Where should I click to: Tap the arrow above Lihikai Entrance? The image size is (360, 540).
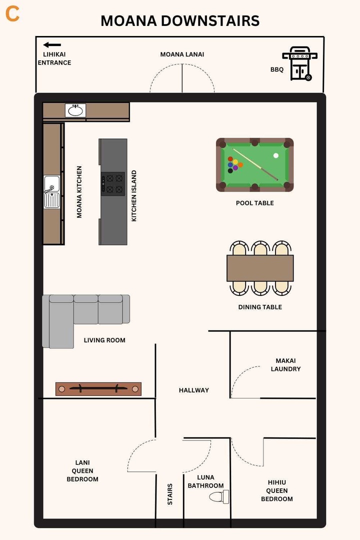(x=52, y=45)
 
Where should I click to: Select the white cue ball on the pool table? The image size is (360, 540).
(x=276, y=155)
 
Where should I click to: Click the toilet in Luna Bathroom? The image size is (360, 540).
(x=219, y=496)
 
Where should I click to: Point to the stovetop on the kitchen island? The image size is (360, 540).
(x=112, y=183)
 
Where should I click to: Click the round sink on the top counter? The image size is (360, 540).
(x=75, y=110)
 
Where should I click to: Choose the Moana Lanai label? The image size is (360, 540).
(x=182, y=54)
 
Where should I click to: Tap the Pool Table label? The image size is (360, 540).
(x=255, y=203)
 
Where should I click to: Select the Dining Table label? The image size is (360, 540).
(x=260, y=307)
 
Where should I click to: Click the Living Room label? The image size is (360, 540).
(x=104, y=340)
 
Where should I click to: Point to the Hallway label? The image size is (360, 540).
(x=194, y=390)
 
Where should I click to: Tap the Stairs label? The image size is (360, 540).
(x=170, y=493)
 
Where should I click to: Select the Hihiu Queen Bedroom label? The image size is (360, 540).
(x=277, y=490)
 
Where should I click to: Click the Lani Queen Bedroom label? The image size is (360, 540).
(x=82, y=470)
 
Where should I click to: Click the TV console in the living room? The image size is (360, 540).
(x=98, y=388)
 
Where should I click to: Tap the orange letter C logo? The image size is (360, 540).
(x=12, y=14)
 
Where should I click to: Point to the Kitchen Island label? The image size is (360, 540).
(x=134, y=196)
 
